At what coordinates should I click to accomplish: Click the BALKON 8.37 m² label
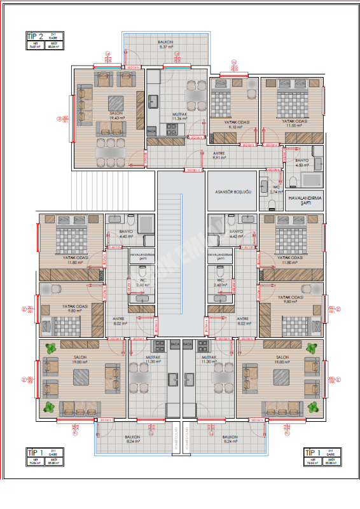tap(166, 45)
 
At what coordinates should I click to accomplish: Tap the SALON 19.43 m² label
tap(115, 116)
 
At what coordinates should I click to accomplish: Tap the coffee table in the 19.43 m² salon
tap(115, 102)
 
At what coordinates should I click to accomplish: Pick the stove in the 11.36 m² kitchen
tap(172, 129)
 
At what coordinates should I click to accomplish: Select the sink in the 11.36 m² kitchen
tap(153, 101)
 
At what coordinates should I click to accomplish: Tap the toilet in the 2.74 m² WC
tap(272, 204)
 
